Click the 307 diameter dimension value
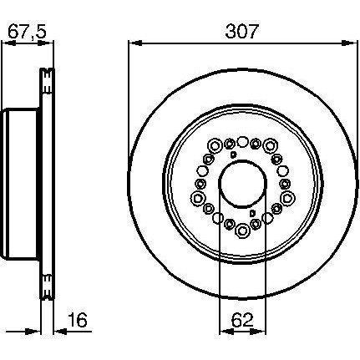tap(241, 31)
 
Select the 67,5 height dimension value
tap(27, 31)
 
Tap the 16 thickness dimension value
tap(78, 320)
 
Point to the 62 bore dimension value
tap(242, 320)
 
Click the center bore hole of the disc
tap(242, 184)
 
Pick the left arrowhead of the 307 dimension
tap(136, 43)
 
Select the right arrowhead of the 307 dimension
tap(348, 43)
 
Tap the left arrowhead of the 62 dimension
tap(226, 332)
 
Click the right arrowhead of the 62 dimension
tap(259, 332)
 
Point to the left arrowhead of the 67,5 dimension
tap(9, 43)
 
